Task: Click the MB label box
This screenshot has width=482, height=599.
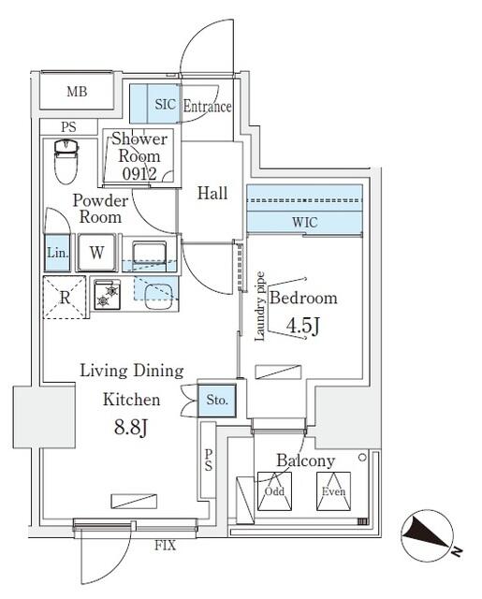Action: pos(77,92)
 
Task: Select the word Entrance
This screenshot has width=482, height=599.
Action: pos(206,107)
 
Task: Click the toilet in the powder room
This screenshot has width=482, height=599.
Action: pos(66,161)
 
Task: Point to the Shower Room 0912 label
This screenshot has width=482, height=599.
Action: pos(140,155)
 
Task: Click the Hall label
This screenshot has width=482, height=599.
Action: pos(212,194)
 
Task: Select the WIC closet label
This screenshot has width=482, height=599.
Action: pos(305,223)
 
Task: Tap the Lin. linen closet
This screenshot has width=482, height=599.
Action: pos(55,252)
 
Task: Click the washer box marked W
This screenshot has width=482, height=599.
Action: pos(96,252)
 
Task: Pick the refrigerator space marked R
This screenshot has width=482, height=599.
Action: pos(64,296)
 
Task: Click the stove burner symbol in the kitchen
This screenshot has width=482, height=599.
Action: pos(111,294)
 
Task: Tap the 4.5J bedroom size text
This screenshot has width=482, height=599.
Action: pos(302,329)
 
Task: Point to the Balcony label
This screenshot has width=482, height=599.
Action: pos(305,460)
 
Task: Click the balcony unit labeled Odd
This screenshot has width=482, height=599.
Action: pos(274,491)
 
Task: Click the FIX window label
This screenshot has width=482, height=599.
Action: pos(166,543)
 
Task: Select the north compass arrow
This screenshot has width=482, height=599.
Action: pos(430,535)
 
